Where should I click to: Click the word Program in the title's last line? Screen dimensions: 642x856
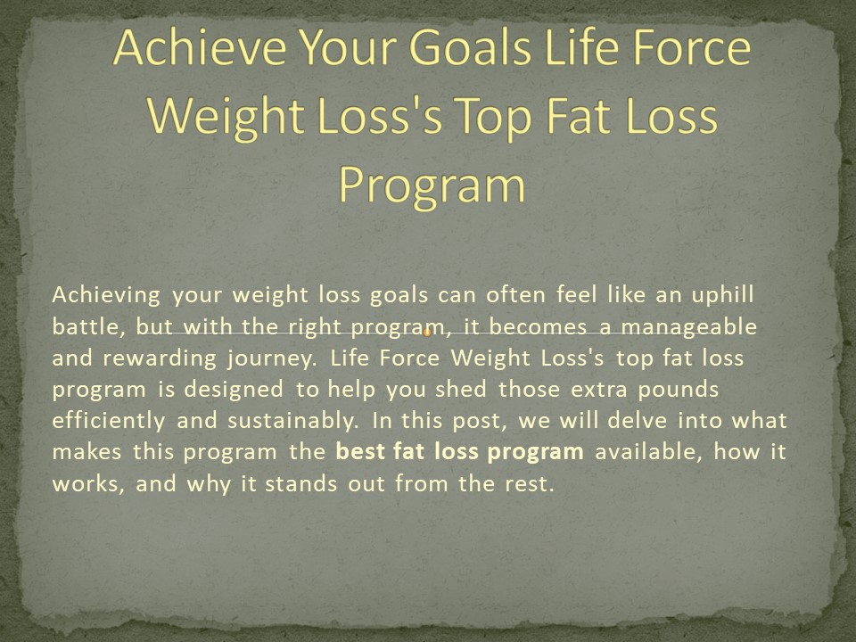[432, 185]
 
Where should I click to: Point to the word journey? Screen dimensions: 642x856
[276, 358]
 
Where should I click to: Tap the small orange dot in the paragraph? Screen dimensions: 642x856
[427, 333]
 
